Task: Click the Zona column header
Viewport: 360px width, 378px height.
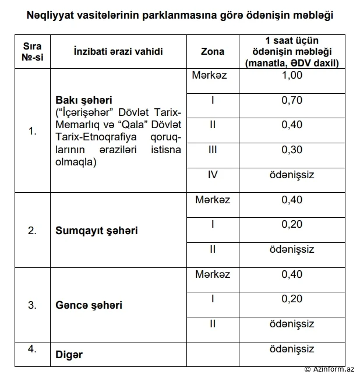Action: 213,51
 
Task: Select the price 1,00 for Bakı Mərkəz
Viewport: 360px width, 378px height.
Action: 291,76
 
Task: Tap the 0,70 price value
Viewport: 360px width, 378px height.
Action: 291,100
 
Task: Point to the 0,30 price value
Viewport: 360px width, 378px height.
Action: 291,150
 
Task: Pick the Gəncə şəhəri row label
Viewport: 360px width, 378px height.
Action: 89,305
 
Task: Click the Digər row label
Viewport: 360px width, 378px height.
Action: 69,355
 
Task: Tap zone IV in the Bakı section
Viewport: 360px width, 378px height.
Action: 213,175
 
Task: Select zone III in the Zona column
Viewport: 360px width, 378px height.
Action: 213,150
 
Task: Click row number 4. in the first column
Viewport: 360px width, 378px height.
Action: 33,349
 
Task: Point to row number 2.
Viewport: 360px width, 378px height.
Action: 33,230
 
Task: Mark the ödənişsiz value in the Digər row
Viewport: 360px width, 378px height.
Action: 291,349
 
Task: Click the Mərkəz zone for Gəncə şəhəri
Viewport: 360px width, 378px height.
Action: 213,274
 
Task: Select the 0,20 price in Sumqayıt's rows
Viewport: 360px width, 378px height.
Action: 291,224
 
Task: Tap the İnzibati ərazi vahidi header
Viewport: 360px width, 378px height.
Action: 118,51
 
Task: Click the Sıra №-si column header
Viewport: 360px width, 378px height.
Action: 33,51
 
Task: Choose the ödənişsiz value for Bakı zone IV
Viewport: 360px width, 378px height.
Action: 291,175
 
